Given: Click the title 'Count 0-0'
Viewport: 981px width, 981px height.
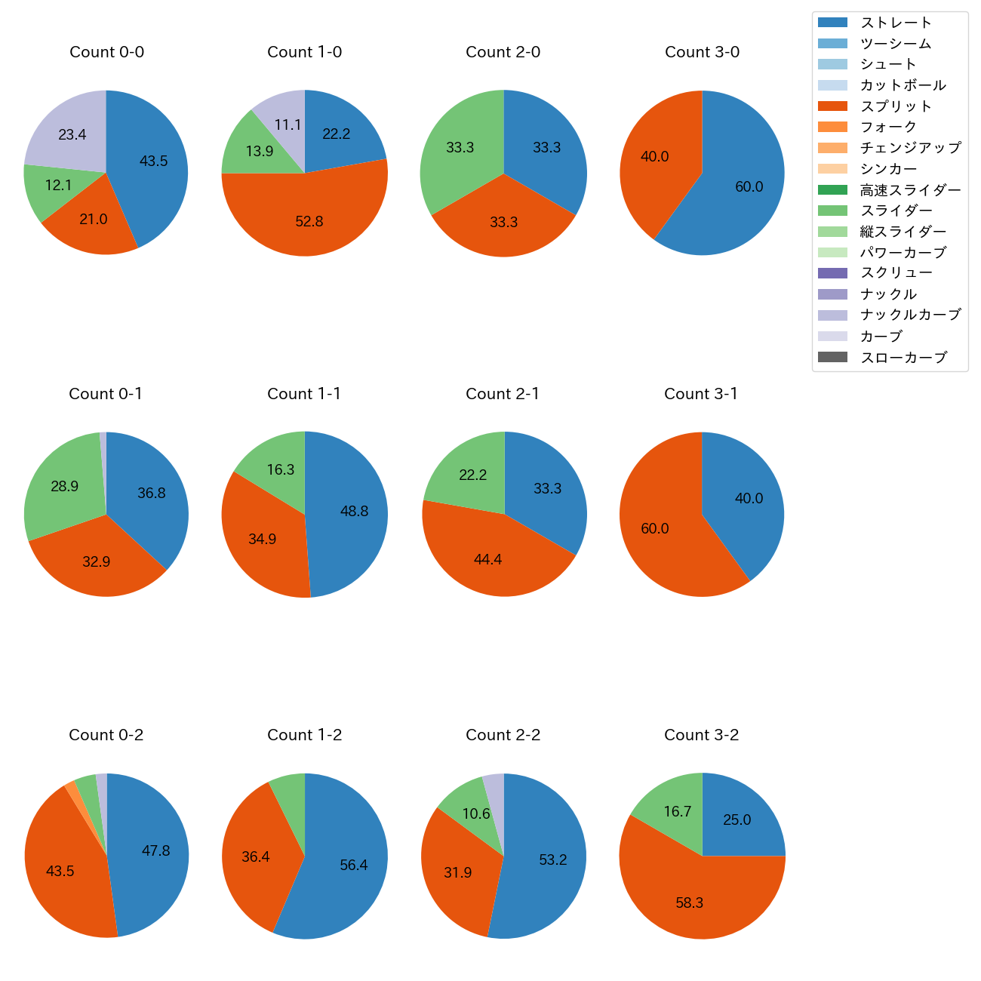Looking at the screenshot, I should click(x=106, y=52).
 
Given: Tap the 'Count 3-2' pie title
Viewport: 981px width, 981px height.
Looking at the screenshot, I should click(x=701, y=735).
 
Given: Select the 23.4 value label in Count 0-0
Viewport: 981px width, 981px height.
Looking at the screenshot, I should click(x=72, y=135).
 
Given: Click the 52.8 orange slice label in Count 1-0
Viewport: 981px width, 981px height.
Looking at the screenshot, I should click(x=309, y=222).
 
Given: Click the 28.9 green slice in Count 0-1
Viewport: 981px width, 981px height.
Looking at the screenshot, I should click(x=60, y=483).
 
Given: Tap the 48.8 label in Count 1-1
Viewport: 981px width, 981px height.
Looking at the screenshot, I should click(x=354, y=512).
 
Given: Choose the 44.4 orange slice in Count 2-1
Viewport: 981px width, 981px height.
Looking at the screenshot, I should click(x=488, y=560).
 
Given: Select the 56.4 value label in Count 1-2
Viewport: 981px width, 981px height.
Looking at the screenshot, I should click(x=354, y=866).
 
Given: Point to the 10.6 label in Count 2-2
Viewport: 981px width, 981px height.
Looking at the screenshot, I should click(x=476, y=814).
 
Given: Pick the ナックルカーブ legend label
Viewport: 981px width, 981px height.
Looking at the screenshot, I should click(x=911, y=315).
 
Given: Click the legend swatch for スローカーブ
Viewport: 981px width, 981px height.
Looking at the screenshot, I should click(x=832, y=358).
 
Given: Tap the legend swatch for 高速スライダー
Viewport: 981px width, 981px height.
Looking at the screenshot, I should click(x=832, y=190).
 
